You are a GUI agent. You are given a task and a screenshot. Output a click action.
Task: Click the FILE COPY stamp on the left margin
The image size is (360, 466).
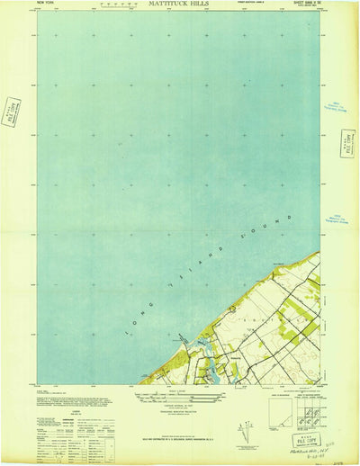click(x=12, y=112)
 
